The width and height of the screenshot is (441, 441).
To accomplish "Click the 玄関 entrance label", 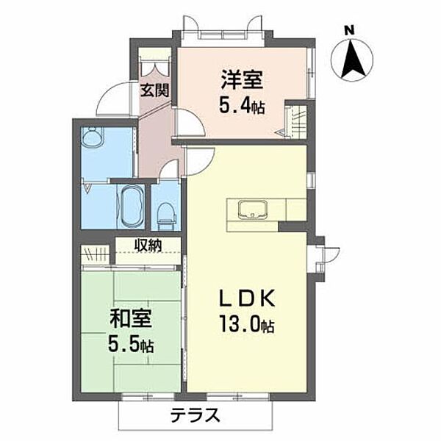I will [x=155, y=91].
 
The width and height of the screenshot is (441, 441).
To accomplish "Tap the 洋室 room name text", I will [x=240, y=79].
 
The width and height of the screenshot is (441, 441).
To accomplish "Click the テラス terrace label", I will [x=196, y=414].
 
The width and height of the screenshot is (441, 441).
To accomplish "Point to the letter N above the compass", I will [x=351, y=30].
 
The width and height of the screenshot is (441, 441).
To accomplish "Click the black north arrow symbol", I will [x=353, y=59].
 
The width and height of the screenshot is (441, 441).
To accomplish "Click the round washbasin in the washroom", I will [x=93, y=138].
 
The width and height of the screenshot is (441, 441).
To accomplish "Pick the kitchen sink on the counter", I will [x=253, y=209].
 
